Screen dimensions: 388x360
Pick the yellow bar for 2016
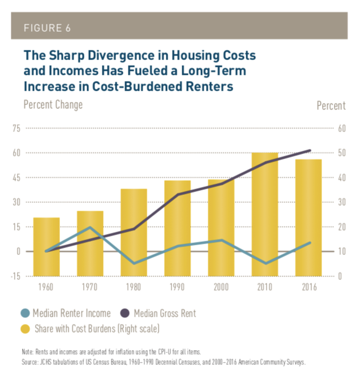click(309, 218)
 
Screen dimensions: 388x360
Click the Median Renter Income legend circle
click(25, 313)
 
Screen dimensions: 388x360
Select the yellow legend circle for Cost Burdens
click(25, 328)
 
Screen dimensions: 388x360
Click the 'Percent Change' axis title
click(53, 105)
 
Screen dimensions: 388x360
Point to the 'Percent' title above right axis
click(331, 105)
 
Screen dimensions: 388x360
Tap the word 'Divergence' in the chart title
click(111, 56)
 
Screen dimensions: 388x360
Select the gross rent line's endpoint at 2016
click(309, 151)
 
